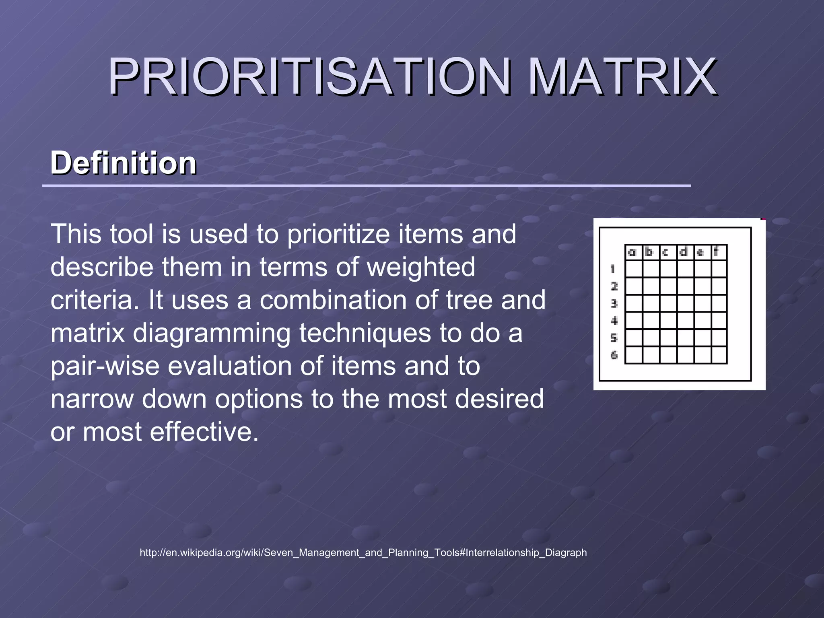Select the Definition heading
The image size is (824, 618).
(x=123, y=163)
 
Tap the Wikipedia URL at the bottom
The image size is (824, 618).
(x=363, y=552)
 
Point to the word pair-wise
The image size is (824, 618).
(x=105, y=366)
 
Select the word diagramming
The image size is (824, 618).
(x=212, y=333)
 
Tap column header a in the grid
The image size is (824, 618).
(x=632, y=253)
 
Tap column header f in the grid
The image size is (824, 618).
(x=716, y=252)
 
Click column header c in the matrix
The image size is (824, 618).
(x=665, y=253)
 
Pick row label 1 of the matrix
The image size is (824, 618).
(x=613, y=269)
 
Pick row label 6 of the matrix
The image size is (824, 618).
(x=614, y=355)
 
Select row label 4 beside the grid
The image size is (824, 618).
(x=614, y=321)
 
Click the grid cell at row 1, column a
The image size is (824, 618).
(x=634, y=269)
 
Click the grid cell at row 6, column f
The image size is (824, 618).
(x=719, y=355)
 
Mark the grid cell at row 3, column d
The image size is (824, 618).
(x=685, y=303)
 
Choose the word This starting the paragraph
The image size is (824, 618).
(x=76, y=234)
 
